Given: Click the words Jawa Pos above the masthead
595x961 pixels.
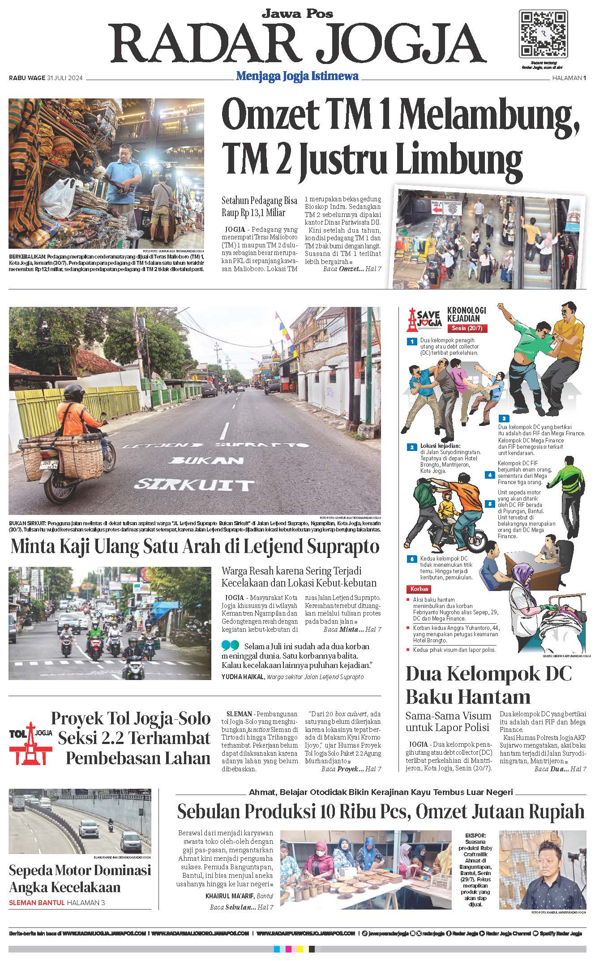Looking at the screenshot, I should pos(297,13).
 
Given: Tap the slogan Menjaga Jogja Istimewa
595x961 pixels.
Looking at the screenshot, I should pos(297,76).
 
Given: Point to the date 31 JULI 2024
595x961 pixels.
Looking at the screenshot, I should pos(65,78).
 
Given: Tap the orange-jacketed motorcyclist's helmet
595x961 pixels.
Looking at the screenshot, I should pos(74,393).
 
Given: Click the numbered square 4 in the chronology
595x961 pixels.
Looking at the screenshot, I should pos(490,475).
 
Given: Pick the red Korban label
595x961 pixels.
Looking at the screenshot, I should pos(418,589).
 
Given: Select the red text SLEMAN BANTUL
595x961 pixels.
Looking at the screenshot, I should pos(37,902).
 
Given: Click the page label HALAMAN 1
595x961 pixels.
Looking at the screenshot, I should pos(569,78).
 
